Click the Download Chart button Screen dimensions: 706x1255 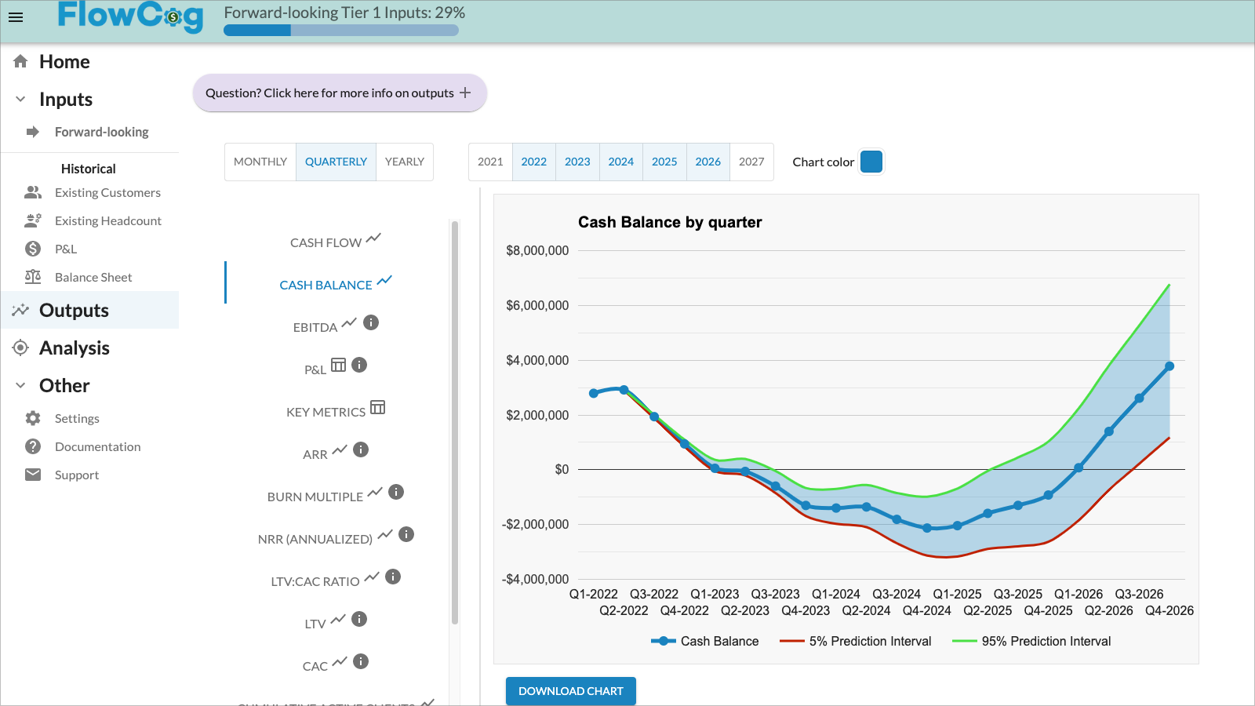(x=570, y=691)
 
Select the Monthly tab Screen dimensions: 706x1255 (x=260, y=162)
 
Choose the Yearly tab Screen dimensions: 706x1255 (x=404, y=162)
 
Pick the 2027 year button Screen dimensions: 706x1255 (x=751, y=162)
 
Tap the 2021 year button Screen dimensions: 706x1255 (x=490, y=162)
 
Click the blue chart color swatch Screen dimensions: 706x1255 (x=871, y=162)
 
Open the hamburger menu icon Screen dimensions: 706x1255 (x=16, y=17)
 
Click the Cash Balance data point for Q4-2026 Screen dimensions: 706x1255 (x=1169, y=366)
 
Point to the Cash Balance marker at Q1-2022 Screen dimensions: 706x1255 (x=594, y=393)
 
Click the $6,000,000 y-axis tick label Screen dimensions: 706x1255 (x=537, y=305)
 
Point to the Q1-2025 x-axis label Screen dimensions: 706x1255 (x=957, y=594)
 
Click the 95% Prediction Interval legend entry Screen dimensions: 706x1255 (x=1031, y=641)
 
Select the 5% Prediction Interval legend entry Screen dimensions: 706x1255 (x=856, y=641)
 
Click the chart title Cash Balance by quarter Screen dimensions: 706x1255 (x=670, y=222)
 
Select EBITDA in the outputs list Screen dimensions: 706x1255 (x=315, y=327)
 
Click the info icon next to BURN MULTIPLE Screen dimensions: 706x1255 (x=396, y=492)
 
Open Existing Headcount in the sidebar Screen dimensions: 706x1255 (x=107, y=221)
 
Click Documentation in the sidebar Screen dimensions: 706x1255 (x=97, y=447)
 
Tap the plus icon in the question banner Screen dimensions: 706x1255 (x=465, y=93)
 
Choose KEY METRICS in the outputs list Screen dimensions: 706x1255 (x=326, y=412)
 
